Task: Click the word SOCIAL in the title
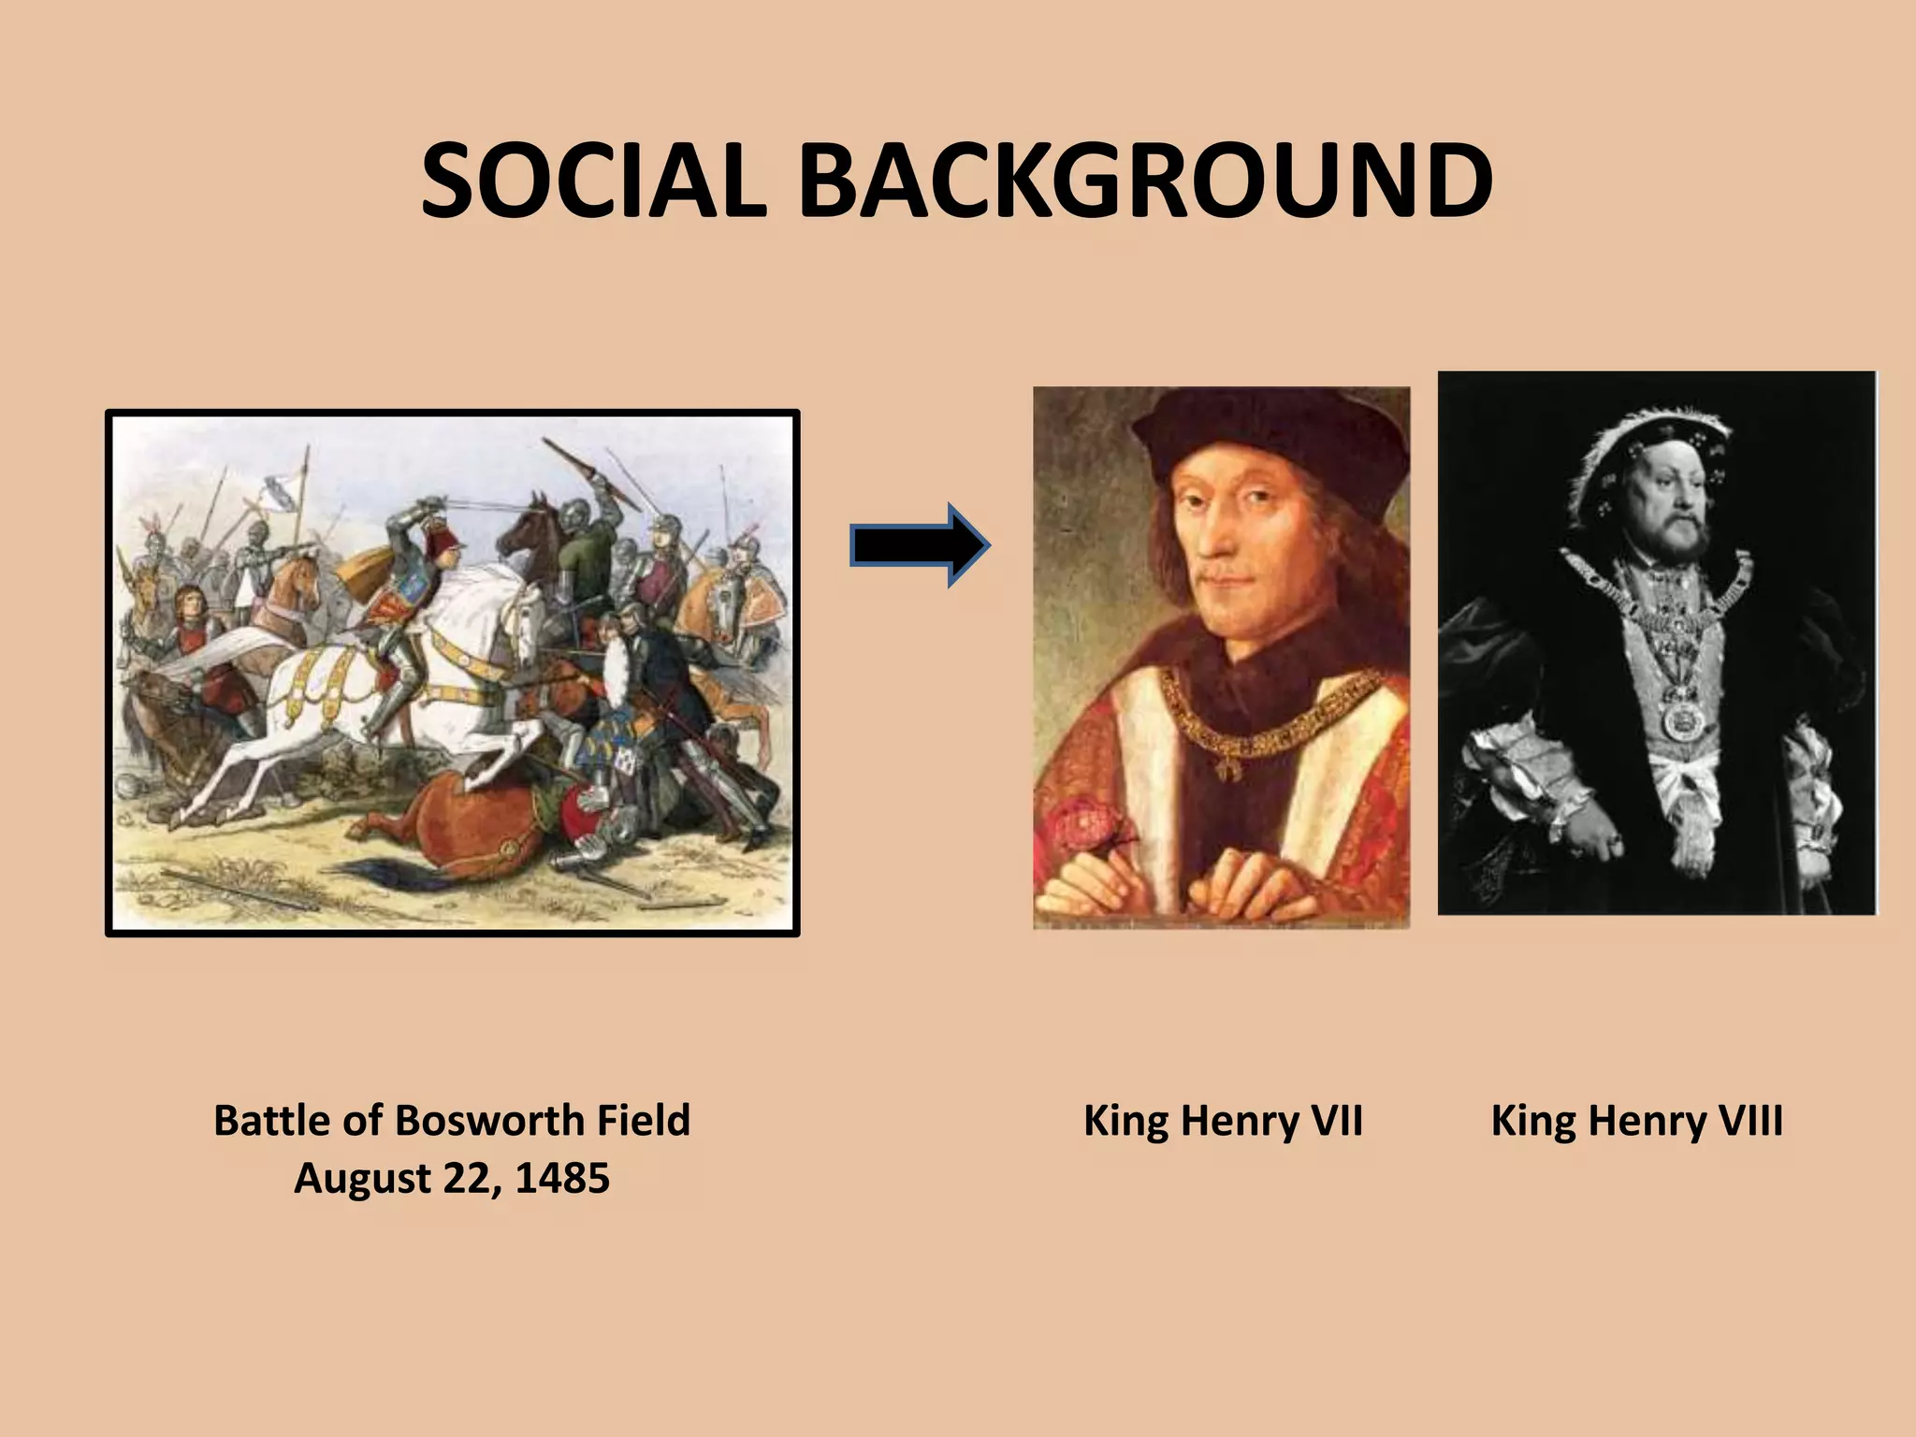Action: coord(593,182)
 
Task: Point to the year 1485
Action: coord(562,1178)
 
